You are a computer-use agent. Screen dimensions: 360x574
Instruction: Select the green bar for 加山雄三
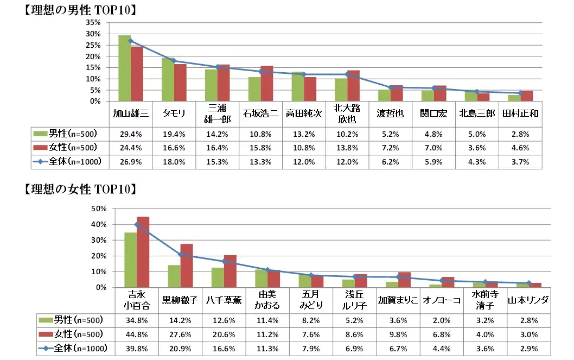(x=124, y=68)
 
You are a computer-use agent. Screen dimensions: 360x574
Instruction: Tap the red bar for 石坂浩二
(x=266, y=84)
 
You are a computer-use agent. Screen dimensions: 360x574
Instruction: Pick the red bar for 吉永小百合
(x=143, y=252)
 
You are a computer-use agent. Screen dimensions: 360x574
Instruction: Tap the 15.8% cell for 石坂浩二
(x=261, y=147)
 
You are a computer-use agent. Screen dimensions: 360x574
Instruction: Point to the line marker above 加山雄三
(x=131, y=41)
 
